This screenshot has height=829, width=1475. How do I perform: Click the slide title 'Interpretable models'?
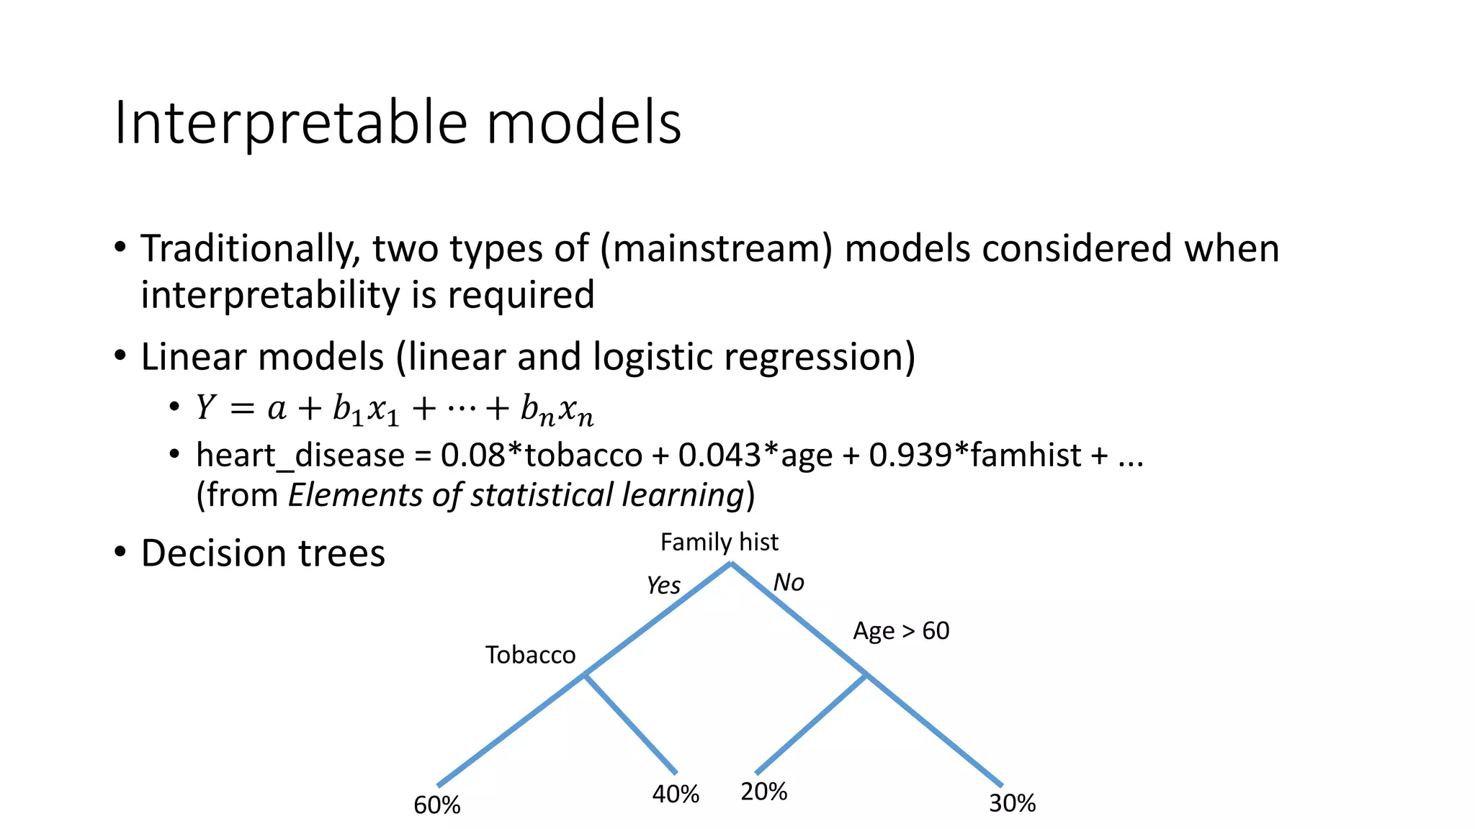tap(398, 122)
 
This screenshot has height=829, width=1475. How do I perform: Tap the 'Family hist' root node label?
tap(719, 542)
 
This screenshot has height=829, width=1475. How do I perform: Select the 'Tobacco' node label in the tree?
tap(530, 655)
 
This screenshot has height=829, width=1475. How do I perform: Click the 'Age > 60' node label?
tap(900, 631)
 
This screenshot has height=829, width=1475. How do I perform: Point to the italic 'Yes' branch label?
tap(663, 585)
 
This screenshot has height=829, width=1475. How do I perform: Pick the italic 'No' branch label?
tap(788, 582)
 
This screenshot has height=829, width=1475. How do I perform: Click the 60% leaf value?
tap(436, 805)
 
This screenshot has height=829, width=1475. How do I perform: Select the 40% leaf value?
tap(675, 794)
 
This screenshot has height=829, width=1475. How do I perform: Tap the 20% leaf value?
tap(763, 792)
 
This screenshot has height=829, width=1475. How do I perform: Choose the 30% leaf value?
tap(1011, 803)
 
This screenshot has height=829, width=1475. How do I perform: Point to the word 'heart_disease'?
tap(300, 456)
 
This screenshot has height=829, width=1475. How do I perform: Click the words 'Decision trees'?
tap(263, 553)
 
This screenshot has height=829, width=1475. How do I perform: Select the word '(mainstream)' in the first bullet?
tap(716, 249)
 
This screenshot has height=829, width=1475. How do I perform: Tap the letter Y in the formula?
tap(205, 408)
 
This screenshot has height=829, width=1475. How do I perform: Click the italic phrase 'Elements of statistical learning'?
tap(516, 495)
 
